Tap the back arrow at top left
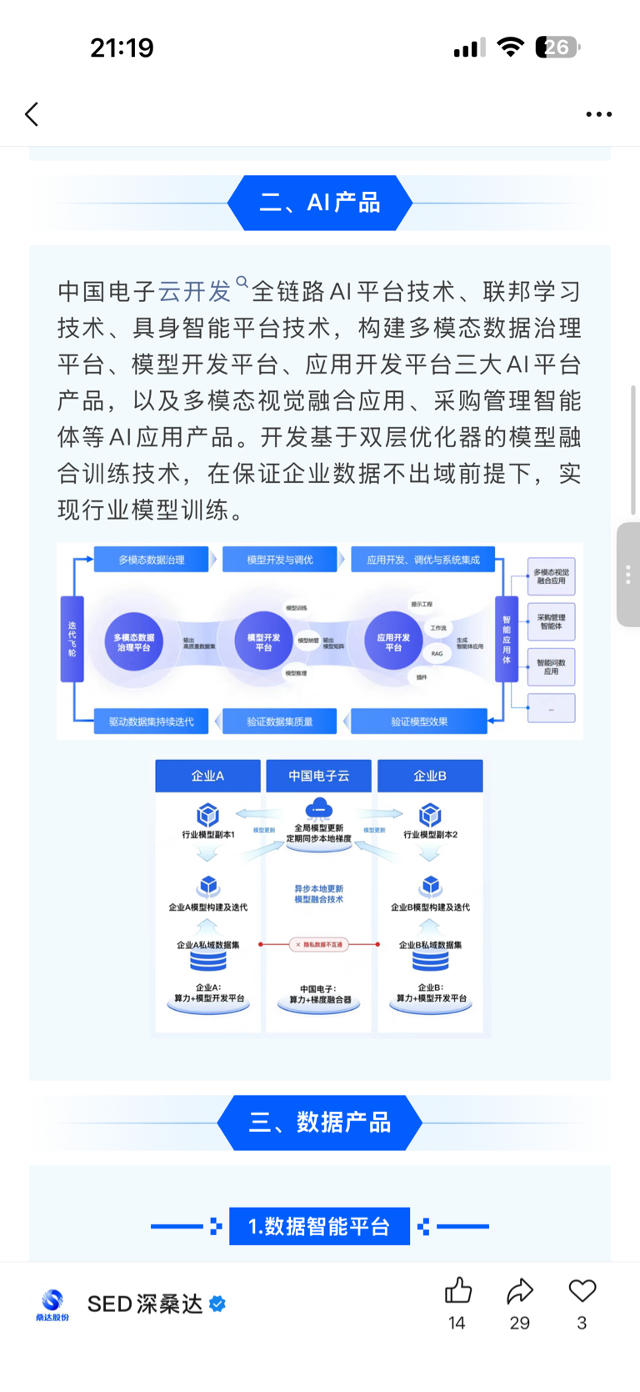coord(32,114)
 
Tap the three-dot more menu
coord(598,114)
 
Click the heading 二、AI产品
coord(320,203)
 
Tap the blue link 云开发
coord(195,292)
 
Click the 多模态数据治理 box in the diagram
coord(151,560)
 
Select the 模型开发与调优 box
coord(280,560)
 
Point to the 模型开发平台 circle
coord(263,641)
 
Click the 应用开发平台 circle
coord(393,641)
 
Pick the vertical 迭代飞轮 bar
coord(72,639)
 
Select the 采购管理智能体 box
coord(551,621)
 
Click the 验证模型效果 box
coord(419,721)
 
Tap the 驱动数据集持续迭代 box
coord(151,721)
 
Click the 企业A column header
coord(207,776)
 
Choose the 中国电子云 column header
coord(319,776)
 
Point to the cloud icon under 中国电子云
coord(319,808)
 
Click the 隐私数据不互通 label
coord(319,945)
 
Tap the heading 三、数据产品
coord(320,1123)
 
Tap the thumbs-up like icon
coord(457,1292)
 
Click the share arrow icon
coord(520,1292)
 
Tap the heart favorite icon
coord(582,1292)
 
